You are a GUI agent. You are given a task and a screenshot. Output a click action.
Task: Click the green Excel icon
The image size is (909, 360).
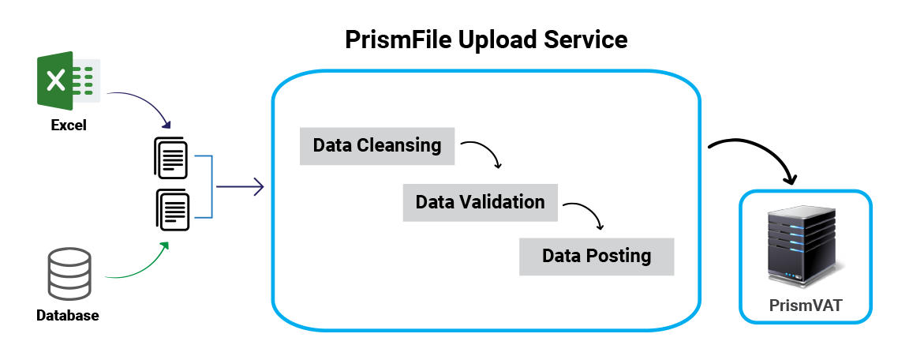(x=68, y=80)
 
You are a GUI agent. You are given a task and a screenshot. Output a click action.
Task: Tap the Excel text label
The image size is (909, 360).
(x=69, y=125)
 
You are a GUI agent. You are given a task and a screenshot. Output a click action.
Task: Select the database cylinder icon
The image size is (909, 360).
(x=69, y=274)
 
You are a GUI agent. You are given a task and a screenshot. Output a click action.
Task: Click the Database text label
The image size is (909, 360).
(x=68, y=316)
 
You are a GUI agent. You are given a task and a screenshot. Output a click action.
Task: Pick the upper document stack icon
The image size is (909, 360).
(x=170, y=157)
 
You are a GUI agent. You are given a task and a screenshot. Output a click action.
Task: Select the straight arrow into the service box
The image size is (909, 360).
(x=239, y=187)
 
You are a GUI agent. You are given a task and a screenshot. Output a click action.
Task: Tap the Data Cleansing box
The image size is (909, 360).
(x=377, y=145)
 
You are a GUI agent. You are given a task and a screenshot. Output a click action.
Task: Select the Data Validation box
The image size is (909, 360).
(x=480, y=202)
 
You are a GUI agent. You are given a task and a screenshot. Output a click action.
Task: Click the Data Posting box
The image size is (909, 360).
(x=597, y=256)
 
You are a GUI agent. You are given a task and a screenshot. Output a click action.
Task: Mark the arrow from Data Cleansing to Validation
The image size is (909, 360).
(x=483, y=151)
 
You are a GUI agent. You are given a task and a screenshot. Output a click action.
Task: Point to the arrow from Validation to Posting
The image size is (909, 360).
(x=585, y=212)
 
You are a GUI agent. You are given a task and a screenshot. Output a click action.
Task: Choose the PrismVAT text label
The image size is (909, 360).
(x=806, y=306)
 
